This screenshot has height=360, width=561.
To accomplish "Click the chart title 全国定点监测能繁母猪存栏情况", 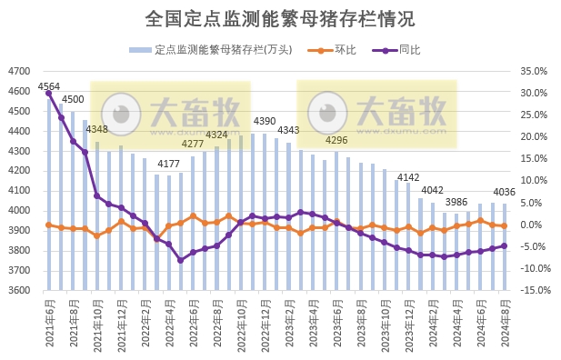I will coord(279,19).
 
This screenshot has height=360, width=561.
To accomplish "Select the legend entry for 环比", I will coord(343,50).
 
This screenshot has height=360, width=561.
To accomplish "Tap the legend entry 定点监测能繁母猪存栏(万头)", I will coord(216,50).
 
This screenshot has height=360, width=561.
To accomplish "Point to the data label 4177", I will coord(168,164).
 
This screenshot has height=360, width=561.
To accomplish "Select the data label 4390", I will coord(265,121).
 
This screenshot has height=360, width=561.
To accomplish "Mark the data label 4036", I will coord(505,192).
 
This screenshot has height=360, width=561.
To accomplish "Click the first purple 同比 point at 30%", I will coord(49,93).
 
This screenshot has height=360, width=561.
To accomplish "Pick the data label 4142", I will coord(408,177).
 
